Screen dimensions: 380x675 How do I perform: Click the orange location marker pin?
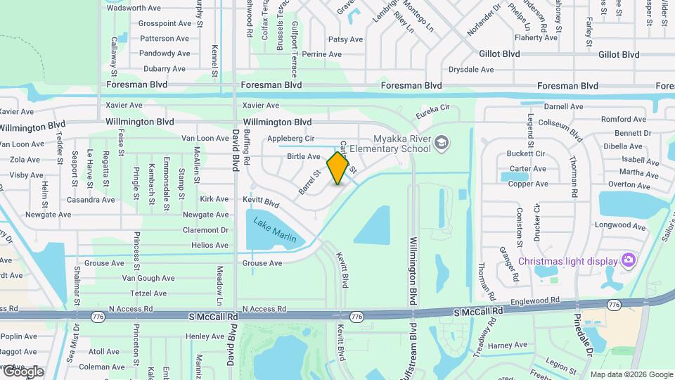[337, 167]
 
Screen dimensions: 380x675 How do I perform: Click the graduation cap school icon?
[441, 144]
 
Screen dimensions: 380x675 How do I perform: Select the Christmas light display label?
[567, 261]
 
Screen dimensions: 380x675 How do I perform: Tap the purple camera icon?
[629, 261]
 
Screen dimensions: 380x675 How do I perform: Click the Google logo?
[22, 372]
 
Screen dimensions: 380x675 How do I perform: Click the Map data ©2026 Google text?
[631, 374]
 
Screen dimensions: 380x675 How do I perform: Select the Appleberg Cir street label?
[290, 139]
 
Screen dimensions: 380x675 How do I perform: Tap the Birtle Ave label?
[304, 156]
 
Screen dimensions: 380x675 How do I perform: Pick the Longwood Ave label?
[619, 226]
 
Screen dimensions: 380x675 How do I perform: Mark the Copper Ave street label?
[528, 184]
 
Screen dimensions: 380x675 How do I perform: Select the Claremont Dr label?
[205, 230]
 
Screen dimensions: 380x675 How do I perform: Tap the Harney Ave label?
[507, 346]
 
